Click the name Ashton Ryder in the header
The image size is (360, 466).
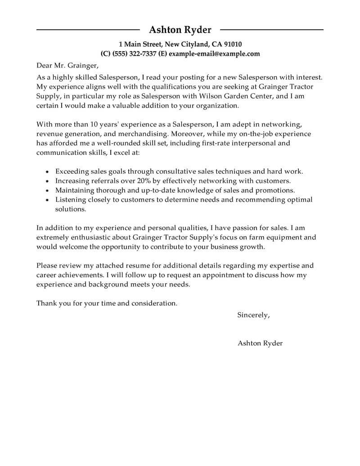[180, 30]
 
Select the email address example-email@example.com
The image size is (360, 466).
[216, 54]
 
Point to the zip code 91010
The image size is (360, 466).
[233, 44]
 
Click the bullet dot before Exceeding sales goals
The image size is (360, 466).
[47, 172]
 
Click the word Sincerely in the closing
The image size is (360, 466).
[253, 315]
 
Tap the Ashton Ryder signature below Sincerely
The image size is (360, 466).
[260, 343]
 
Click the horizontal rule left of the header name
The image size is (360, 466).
[88, 30]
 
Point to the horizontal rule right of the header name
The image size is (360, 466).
[272, 30]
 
